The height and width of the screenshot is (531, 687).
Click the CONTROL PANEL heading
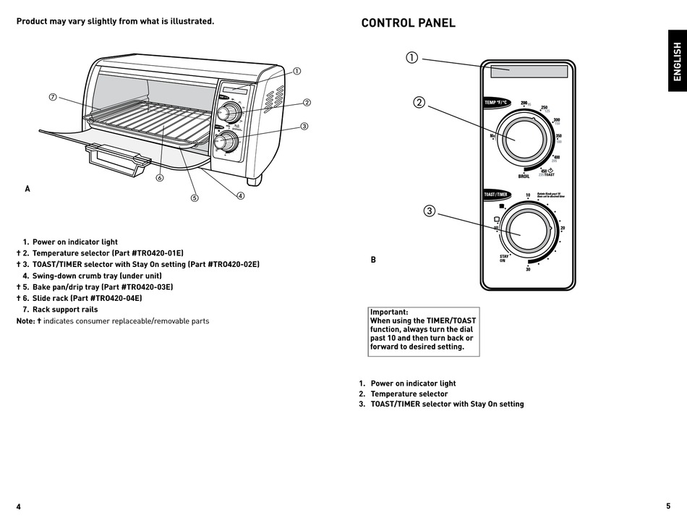pos(408,23)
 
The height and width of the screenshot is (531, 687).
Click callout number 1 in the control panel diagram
pos(411,58)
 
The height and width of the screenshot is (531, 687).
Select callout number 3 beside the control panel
pos(429,211)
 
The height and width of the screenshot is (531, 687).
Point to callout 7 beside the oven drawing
pos(53,97)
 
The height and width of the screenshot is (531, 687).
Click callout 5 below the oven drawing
pos(194,198)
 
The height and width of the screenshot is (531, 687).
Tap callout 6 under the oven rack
pos(159,177)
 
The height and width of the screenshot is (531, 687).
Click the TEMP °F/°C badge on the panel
pos(498,103)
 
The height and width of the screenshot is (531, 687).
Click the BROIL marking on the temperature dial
pos(524,177)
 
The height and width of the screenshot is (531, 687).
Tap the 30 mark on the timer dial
pos(528,269)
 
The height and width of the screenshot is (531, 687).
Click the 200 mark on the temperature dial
pos(524,103)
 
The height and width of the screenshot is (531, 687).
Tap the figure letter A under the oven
pos(27,189)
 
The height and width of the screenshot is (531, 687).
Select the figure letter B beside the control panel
pos(373,260)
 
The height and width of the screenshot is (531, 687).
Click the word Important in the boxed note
pos(389,312)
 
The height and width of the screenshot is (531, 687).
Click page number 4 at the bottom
pos(19,506)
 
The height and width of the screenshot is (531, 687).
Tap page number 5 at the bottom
pos(668,506)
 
